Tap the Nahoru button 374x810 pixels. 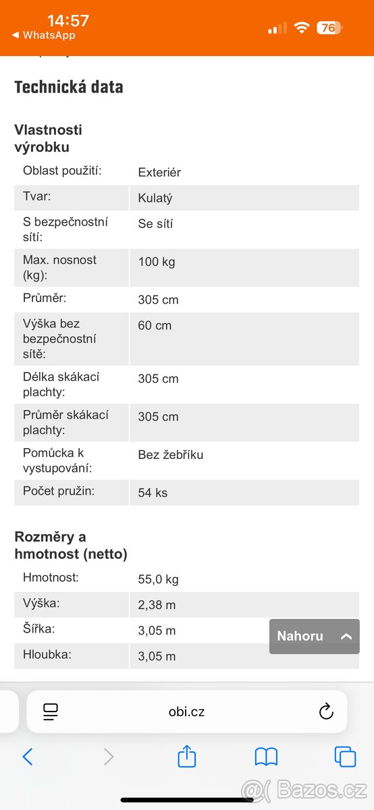tap(314, 636)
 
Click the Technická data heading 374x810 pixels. tap(69, 87)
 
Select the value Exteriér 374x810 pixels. tap(159, 172)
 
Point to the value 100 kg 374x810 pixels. tap(157, 262)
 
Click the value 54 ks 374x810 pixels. tap(153, 493)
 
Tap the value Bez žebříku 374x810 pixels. tap(170, 455)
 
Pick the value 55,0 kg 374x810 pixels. tap(158, 579)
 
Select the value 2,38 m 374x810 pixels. tap(157, 605)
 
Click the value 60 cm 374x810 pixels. tap(155, 325)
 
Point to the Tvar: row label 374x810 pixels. tap(37, 196)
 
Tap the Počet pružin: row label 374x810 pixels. tap(59, 491)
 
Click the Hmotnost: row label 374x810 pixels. tap(51, 577)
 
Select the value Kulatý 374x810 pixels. tap(155, 198)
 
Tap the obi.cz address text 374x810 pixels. tap(186, 711)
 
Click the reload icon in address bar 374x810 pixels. tap(326, 711)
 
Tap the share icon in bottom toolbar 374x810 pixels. tap(187, 757)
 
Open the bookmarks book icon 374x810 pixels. tap(266, 757)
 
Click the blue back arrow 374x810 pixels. tap(28, 757)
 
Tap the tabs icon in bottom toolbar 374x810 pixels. tap(345, 757)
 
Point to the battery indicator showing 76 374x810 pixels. tap(329, 28)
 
